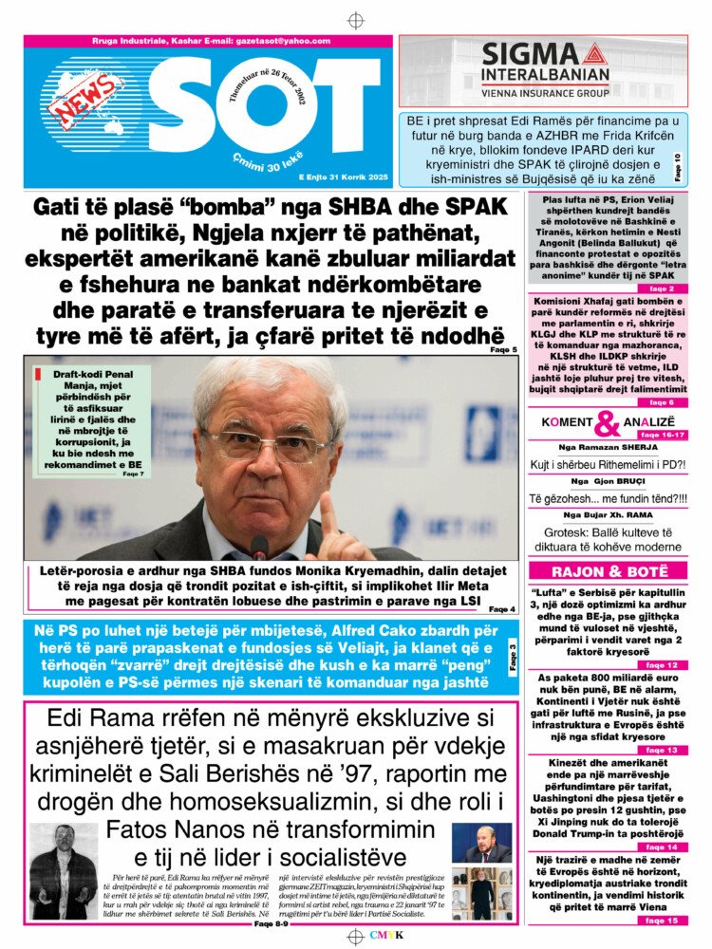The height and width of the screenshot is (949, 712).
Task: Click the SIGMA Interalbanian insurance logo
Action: click(543, 68)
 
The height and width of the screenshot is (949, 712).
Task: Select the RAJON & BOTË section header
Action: click(608, 571)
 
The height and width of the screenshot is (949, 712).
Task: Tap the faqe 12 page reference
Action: click(662, 665)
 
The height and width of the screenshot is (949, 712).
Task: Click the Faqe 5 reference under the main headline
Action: click(504, 350)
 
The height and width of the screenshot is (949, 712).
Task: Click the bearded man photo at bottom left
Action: click(63, 870)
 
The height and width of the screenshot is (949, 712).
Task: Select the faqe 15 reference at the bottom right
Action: click(662, 921)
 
